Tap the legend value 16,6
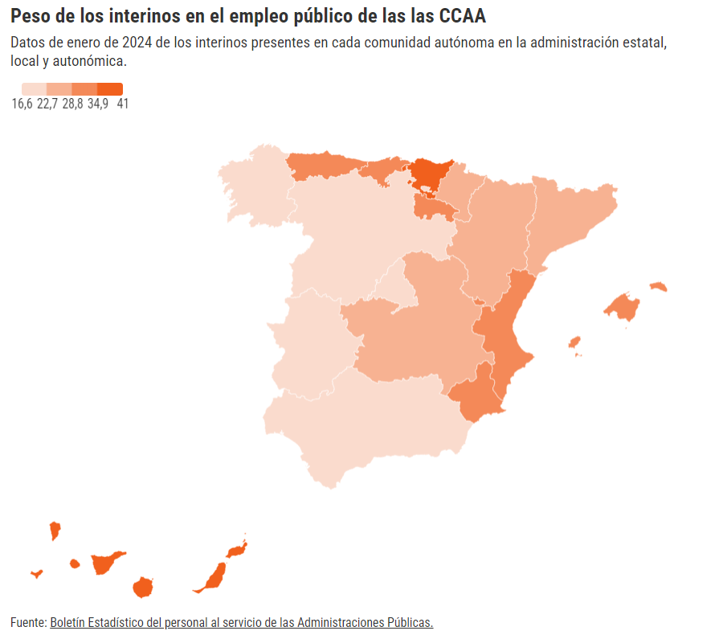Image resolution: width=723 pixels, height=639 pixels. coord(22,104)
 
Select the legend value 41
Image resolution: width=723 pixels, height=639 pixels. coord(122,104)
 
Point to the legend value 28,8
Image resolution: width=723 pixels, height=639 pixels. coord(72,104)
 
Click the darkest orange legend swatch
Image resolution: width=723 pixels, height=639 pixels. coord(110,89)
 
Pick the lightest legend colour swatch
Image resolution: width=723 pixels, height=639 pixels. coord(35,89)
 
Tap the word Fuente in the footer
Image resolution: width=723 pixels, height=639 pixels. coord(27,623)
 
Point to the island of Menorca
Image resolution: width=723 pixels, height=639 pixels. coord(659,286)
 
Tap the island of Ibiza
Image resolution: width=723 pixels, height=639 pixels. coord(574,342)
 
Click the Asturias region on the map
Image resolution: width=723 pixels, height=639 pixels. coord(321,166)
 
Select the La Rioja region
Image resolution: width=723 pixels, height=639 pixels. coord(434,209)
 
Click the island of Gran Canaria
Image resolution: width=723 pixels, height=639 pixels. coord(143,587)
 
